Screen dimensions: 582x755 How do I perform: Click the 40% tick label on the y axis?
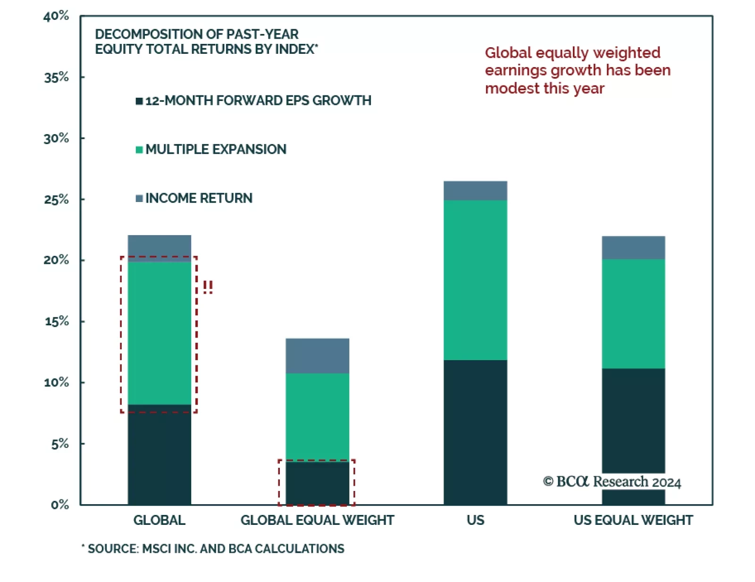[x=56, y=17]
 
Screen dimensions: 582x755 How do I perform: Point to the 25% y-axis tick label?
[x=56, y=200]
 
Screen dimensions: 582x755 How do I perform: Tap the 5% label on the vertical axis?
[x=59, y=444]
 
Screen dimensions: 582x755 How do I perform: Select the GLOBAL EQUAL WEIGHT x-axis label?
[x=317, y=520]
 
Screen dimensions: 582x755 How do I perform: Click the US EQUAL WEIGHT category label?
[x=633, y=520]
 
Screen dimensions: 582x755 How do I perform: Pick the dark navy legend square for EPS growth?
[x=139, y=101]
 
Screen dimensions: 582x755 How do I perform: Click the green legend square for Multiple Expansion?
[x=139, y=150]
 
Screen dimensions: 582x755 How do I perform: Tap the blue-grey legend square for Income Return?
[x=139, y=198]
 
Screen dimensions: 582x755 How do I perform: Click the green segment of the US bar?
[x=475, y=280]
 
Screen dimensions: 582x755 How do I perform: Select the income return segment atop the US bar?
[x=475, y=191]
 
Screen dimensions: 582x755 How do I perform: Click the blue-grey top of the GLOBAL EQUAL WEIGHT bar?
[x=317, y=356]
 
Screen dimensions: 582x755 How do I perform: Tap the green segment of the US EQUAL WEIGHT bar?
[x=633, y=314]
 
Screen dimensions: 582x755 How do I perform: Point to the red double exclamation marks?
[x=208, y=287]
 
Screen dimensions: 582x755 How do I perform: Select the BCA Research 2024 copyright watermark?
[x=612, y=481]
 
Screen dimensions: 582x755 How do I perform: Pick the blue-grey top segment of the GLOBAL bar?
[x=159, y=248]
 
